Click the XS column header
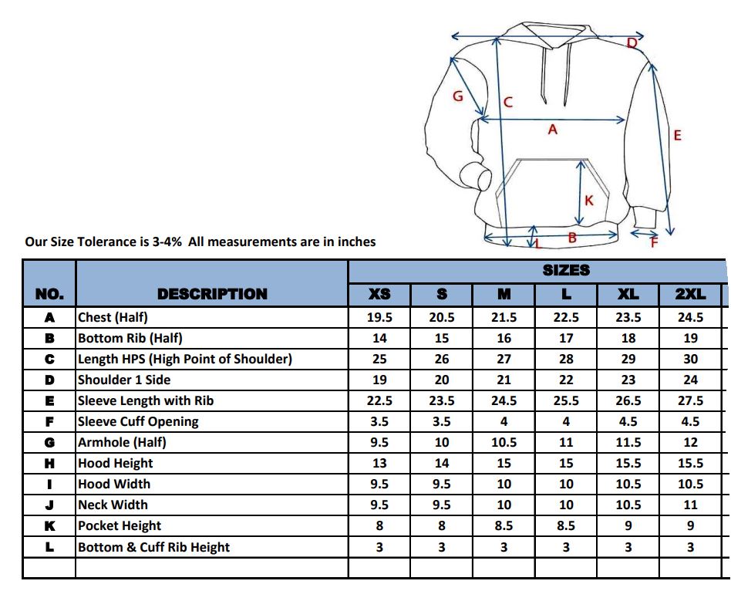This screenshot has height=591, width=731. [379, 294]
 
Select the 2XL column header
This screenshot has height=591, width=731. [690, 294]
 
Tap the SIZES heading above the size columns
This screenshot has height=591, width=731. [566, 270]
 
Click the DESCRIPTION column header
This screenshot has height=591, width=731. [212, 294]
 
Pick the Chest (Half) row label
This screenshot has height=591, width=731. [113, 317]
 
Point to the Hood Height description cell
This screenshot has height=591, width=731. [116, 463]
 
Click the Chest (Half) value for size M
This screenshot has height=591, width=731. [504, 317]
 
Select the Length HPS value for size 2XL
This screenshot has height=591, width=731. [690, 359]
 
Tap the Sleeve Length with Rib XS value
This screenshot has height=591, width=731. [379, 400]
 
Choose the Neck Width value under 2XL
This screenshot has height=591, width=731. [690, 505]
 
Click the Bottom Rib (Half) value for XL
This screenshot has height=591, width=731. [628, 338]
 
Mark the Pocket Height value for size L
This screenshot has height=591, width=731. [566, 525]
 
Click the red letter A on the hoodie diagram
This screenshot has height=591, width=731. [552, 130]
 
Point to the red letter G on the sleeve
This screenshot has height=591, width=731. [457, 96]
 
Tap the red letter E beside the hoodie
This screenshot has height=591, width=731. [677, 136]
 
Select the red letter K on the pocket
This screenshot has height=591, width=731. [589, 201]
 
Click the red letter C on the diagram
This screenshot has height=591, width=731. [508, 102]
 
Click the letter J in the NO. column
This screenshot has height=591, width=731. [49, 505]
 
